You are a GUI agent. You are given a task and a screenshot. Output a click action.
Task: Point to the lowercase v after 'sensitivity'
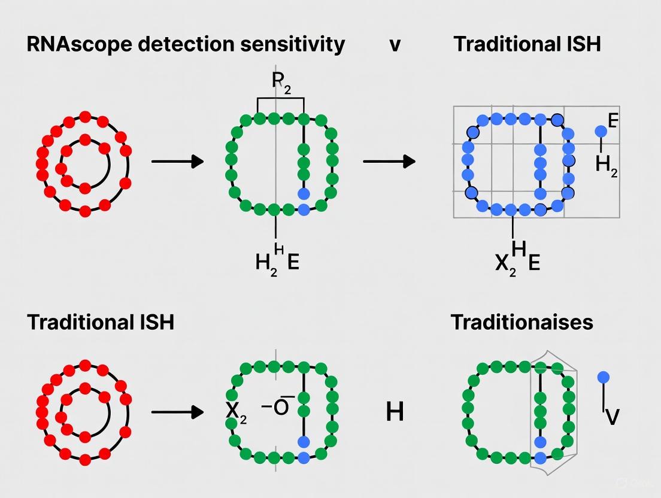[395, 45]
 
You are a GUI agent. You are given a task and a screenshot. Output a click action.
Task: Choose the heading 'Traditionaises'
[521, 322]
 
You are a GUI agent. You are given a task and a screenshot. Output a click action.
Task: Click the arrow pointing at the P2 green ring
[177, 161]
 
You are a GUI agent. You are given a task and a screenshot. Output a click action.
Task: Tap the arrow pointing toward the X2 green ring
[177, 412]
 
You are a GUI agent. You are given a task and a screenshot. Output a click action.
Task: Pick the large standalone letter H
[395, 412]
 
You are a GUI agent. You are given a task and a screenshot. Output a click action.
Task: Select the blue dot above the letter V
[603, 377]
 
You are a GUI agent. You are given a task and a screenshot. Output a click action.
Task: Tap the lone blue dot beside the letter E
[600, 131]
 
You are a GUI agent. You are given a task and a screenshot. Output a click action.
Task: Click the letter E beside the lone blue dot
[613, 120]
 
